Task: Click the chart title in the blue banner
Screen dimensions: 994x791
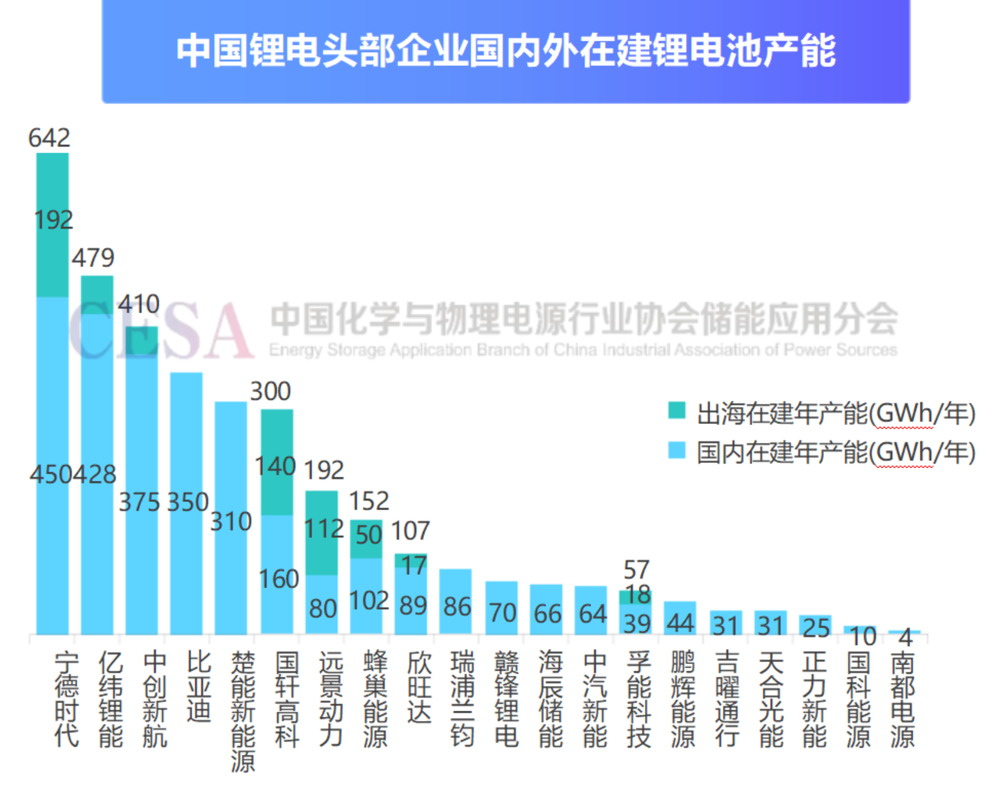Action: point(506,50)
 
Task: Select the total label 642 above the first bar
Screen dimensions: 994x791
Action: point(49,138)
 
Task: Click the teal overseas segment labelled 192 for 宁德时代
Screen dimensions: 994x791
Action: point(53,225)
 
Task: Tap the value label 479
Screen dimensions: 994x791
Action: point(93,257)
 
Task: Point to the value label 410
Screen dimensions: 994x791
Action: point(138,304)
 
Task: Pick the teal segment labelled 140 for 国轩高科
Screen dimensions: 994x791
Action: point(277,462)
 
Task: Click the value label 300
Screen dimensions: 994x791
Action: point(270,391)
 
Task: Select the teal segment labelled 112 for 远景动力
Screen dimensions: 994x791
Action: point(322,533)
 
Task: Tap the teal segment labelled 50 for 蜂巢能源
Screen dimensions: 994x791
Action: point(366,539)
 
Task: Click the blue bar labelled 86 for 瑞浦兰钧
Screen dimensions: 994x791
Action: point(455,602)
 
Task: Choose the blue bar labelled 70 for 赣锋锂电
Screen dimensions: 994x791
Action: point(501,608)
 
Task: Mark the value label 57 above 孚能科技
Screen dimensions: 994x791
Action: point(636,569)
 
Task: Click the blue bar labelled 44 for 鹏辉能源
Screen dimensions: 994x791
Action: point(680,618)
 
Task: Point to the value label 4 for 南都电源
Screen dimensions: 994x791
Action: point(905,637)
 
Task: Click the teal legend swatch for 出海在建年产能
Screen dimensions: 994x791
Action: point(677,411)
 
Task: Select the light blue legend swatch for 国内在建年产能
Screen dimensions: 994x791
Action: point(677,450)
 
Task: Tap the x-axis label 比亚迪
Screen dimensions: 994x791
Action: point(199,686)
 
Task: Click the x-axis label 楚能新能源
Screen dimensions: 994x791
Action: point(243,711)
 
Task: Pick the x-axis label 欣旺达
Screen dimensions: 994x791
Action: point(419,686)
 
